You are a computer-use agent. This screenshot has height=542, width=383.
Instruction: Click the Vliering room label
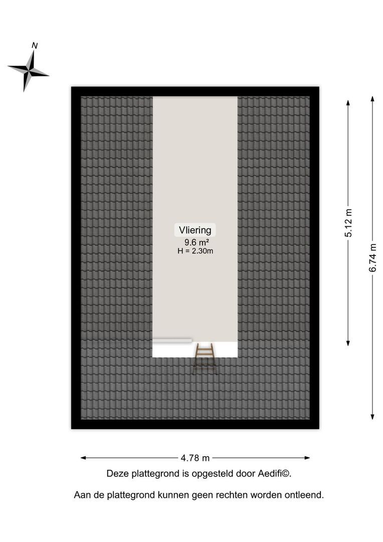click(195, 230)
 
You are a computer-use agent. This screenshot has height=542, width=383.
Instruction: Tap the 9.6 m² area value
click(195, 242)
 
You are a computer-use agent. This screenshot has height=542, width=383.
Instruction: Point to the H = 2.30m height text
click(195, 251)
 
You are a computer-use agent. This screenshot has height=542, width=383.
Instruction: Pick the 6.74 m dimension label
click(372, 257)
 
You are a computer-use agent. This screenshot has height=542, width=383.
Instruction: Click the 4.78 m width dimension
click(196, 458)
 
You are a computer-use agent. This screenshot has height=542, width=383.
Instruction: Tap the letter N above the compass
click(35, 46)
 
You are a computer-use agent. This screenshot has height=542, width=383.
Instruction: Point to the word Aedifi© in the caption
click(275, 473)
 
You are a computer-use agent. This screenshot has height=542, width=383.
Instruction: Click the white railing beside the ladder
click(172, 340)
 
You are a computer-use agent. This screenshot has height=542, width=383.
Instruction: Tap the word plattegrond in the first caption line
click(158, 473)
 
